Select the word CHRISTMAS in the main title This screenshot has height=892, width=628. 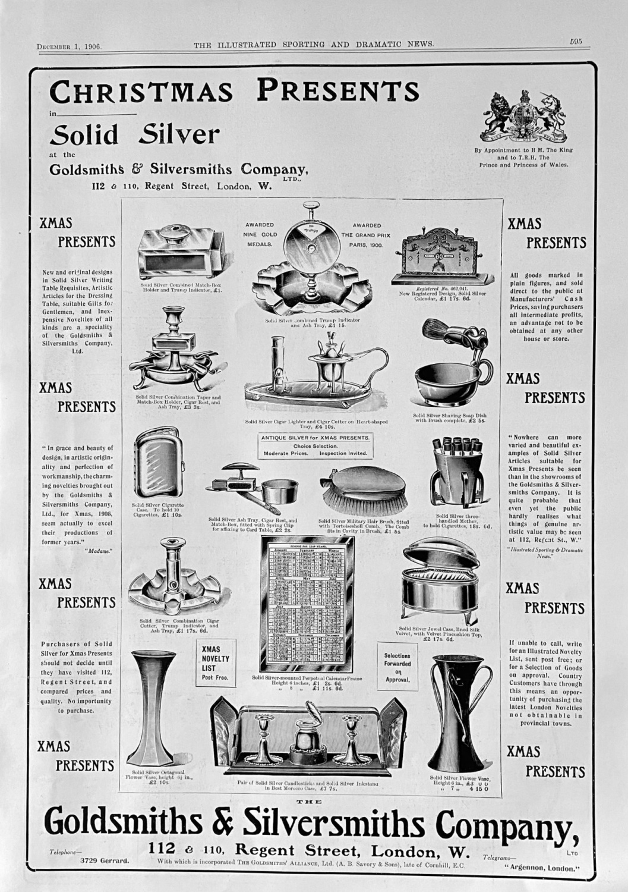pyautogui.click(x=141, y=92)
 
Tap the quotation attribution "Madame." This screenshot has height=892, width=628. pyautogui.click(x=99, y=551)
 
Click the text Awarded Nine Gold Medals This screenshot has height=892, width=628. pyautogui.click(x=259, y=234)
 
